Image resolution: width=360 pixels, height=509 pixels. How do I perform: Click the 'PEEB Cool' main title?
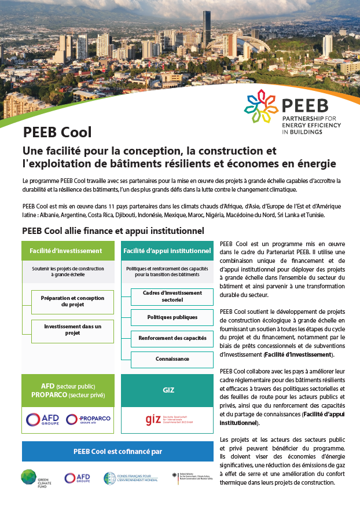[57, 133]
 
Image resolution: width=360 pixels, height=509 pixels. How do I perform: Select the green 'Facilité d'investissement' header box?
[66, 251]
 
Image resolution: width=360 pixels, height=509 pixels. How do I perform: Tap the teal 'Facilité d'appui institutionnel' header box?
[167, 251]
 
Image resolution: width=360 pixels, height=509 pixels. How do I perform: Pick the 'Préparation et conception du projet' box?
[73, 301]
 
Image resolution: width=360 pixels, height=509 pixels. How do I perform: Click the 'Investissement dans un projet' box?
[73, 329]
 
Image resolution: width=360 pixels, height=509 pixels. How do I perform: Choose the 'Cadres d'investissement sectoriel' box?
[172, 296]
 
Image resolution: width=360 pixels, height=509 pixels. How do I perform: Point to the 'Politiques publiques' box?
[172, 317]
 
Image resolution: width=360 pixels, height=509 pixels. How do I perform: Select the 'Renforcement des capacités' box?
[172, 338]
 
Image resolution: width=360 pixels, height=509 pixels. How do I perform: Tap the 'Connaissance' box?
[172, 359]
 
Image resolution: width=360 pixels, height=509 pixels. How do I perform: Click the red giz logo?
[153, 419]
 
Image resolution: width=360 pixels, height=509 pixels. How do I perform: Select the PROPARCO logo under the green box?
[88, 419]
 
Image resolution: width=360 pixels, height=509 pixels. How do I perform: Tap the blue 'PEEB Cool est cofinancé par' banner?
[117, 451]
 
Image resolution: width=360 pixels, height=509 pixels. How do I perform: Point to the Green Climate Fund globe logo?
[30, 477]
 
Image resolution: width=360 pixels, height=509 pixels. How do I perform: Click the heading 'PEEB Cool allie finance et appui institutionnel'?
[113, 230]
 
